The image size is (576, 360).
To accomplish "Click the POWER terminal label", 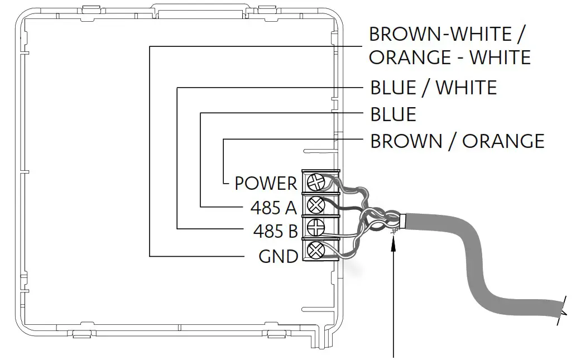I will tap(266, 183).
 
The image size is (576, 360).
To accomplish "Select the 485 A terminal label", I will tap(273, 208).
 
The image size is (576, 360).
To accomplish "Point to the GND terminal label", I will tap(278, 257).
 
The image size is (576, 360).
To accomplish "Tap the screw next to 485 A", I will tap(316, 205).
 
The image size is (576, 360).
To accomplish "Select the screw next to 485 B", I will tap(316, 228).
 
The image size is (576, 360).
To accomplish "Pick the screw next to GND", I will tap(316, 249).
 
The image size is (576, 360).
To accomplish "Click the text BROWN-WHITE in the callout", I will tap(440, 34).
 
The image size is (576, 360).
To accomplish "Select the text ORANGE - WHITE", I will tap(449, 57).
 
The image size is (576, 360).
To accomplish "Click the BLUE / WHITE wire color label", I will tap(433, 88).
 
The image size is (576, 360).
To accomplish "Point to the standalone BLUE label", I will tap(393, 114).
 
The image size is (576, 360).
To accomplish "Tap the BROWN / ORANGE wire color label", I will tap(457, 141).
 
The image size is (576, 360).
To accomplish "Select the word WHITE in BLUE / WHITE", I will tap(467, 88).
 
